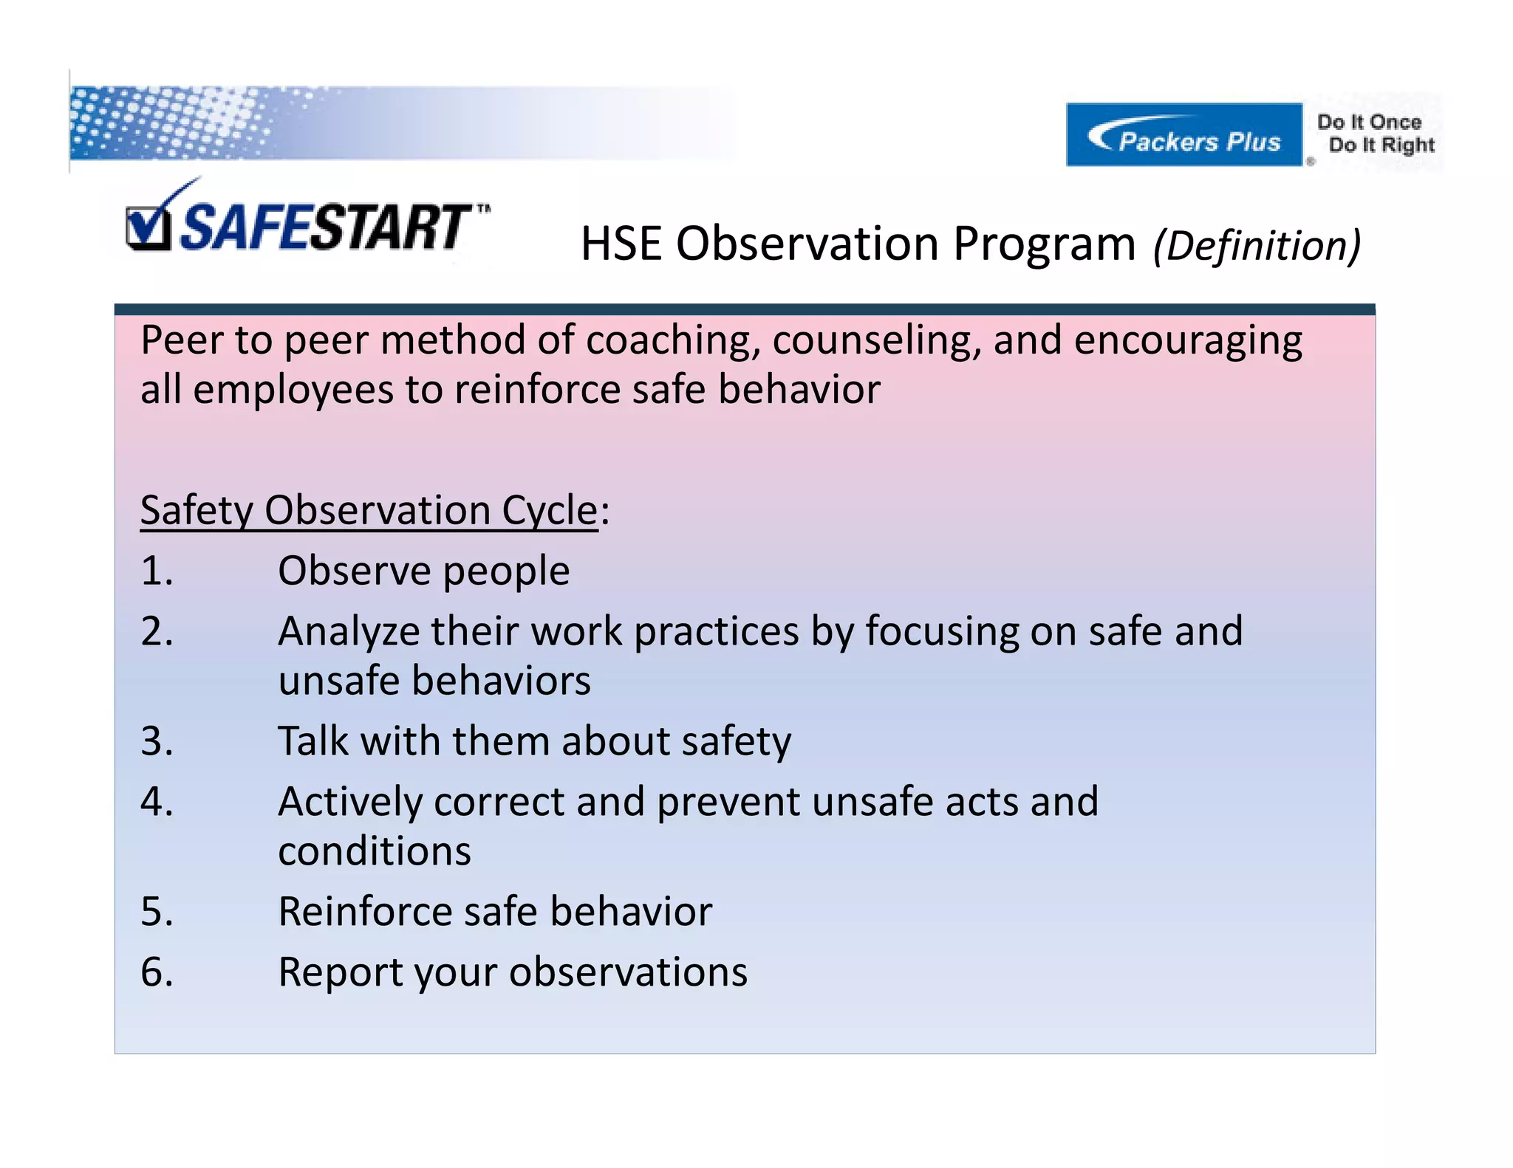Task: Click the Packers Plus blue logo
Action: click(1184, 135)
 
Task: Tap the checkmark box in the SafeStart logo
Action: click(148, 229)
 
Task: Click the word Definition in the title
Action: click(1257, 246)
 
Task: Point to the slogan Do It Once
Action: click(1369, 122)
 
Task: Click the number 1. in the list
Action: click(157, 571)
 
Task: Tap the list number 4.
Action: click(157, 802)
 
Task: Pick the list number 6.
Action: click(157, 972)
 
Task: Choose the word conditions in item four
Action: click(375, 851)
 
